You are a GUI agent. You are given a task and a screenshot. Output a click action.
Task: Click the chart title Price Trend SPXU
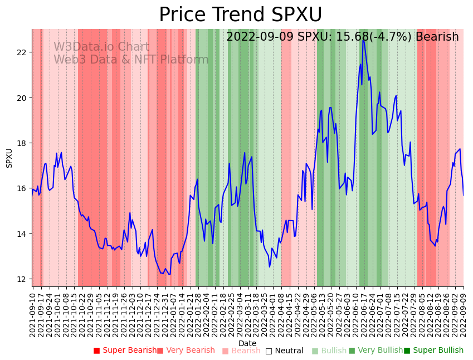(240, 15)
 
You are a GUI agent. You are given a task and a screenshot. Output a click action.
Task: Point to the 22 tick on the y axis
(22, 52)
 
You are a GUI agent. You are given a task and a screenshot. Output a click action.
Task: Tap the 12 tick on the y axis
(22, 279)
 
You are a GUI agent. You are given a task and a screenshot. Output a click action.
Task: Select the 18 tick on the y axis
(22, 143)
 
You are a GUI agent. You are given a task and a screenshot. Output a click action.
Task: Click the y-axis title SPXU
(9, 158)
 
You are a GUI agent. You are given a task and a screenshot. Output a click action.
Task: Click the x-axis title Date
(247, 343)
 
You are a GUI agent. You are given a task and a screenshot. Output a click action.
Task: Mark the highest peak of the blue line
(363, 39)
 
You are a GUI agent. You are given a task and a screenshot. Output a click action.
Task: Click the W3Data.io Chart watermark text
(101, 47)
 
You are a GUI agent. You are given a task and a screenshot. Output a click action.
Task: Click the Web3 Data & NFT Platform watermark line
(131, 60)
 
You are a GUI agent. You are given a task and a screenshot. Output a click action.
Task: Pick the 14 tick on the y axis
(22, 234)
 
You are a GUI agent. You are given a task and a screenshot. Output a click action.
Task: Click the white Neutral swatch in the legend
(269, 351)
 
